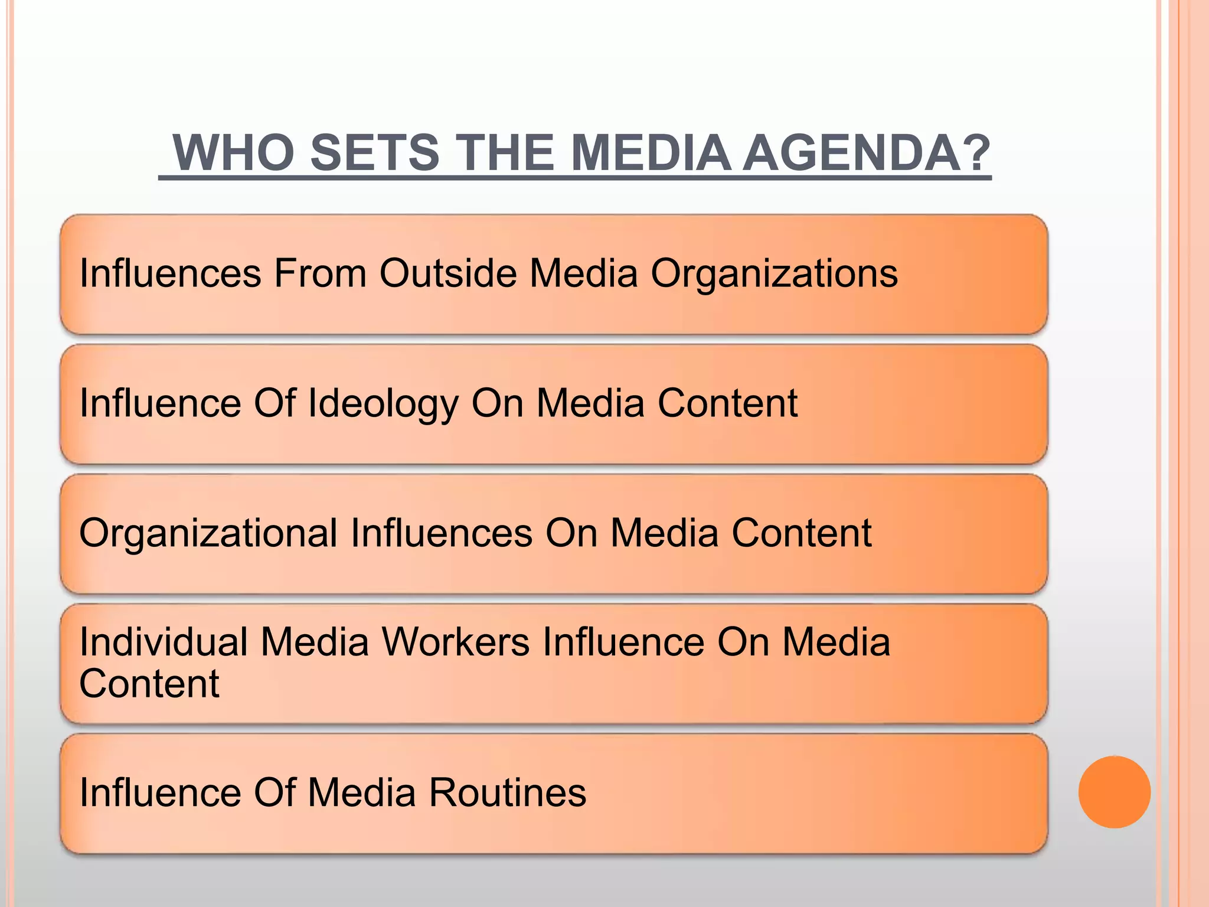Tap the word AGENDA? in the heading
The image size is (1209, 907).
pyautogui.click(x=866, y=153)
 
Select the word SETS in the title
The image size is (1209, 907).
pyautogui.click(x=374, y=153)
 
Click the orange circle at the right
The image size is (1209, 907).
pyautogui.click(x=1114, y=792)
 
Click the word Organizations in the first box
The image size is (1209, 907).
pyautogui.click(x=774, y=275)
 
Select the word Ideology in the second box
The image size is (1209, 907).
pyautogui.click(x=383, y=404)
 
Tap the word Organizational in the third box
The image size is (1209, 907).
pyautogui.click(x=208, y=534)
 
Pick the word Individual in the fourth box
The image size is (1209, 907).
pyautogui.click(x=164, y=642)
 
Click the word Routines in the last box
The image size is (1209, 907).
pyautogui.click(x=507, y=792)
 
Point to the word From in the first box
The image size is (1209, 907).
pyautogui.click(x=319, y=273)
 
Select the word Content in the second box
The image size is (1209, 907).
pyautogui.click(x=727, y=403)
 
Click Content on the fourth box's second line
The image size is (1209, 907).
pyautogui.click(x=149, y=684)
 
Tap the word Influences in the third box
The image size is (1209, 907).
pyautogui.click(x=441, y=533)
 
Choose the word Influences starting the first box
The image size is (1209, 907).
pyautogui.click(x=170, y=273)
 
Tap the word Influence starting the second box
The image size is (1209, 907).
pyautogui.click(x=160, y=403)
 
